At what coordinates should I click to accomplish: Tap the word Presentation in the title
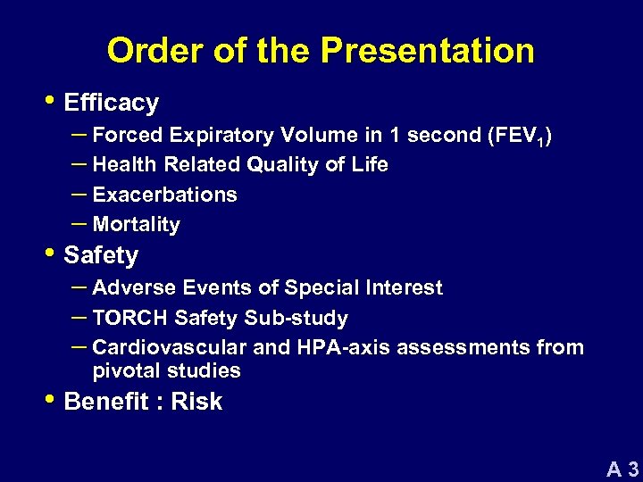coord(428,51)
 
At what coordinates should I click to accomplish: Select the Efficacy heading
coord(112,104)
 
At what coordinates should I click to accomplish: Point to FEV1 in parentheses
coord(518,136)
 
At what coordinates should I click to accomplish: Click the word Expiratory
coord(224,136)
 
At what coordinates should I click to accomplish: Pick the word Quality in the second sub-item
coord(283,165)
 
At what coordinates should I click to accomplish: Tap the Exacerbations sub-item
coord(164,195)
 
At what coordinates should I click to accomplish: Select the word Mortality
coord(136,225)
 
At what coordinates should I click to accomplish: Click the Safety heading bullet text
coord(101,256)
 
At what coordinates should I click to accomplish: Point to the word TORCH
coord(130,318)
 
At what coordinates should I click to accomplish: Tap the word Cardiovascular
coord(171,347)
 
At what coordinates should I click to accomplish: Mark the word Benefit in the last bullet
coord(106,403)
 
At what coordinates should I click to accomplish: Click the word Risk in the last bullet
coord(196,403)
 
